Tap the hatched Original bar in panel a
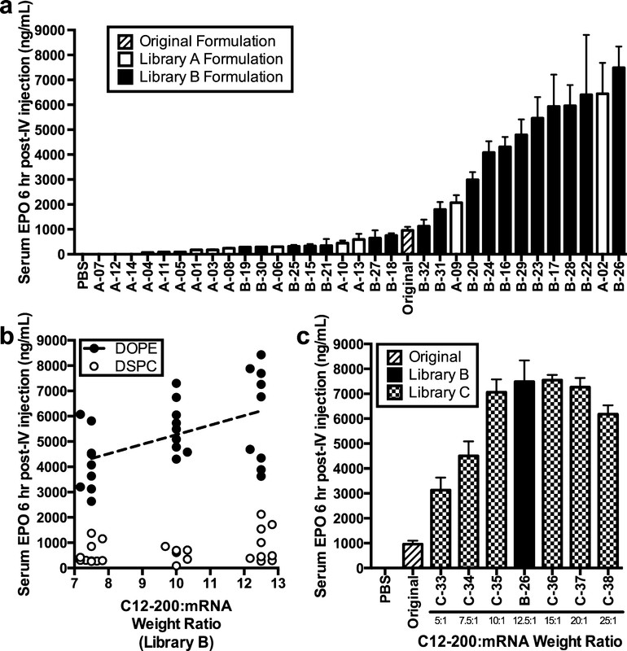407,241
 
